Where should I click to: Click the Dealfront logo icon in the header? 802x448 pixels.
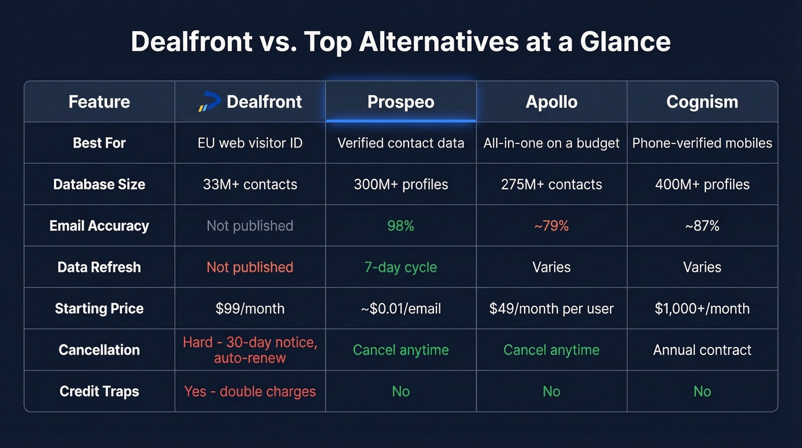209,102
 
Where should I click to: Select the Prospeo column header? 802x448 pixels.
400,102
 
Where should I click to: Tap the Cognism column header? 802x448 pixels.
702,102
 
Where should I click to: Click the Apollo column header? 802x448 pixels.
551,102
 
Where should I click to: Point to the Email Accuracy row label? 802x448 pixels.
99,226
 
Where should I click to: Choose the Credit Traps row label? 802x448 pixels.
99,391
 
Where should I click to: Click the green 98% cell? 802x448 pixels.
400,226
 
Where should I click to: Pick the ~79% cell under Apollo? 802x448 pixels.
551,226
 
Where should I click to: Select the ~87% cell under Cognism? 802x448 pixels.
702,226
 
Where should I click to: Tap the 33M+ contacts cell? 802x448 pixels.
250,185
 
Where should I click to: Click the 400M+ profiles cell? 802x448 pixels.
702,185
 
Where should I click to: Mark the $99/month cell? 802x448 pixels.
250,309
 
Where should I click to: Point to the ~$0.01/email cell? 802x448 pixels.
400,309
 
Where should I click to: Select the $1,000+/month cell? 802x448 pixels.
702,309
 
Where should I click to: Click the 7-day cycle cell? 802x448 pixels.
400,267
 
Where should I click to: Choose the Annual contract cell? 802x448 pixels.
702,350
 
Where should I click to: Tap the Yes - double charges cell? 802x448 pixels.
250,391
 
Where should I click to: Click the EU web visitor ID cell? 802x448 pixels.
250,143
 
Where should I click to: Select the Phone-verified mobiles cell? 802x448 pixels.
702,143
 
